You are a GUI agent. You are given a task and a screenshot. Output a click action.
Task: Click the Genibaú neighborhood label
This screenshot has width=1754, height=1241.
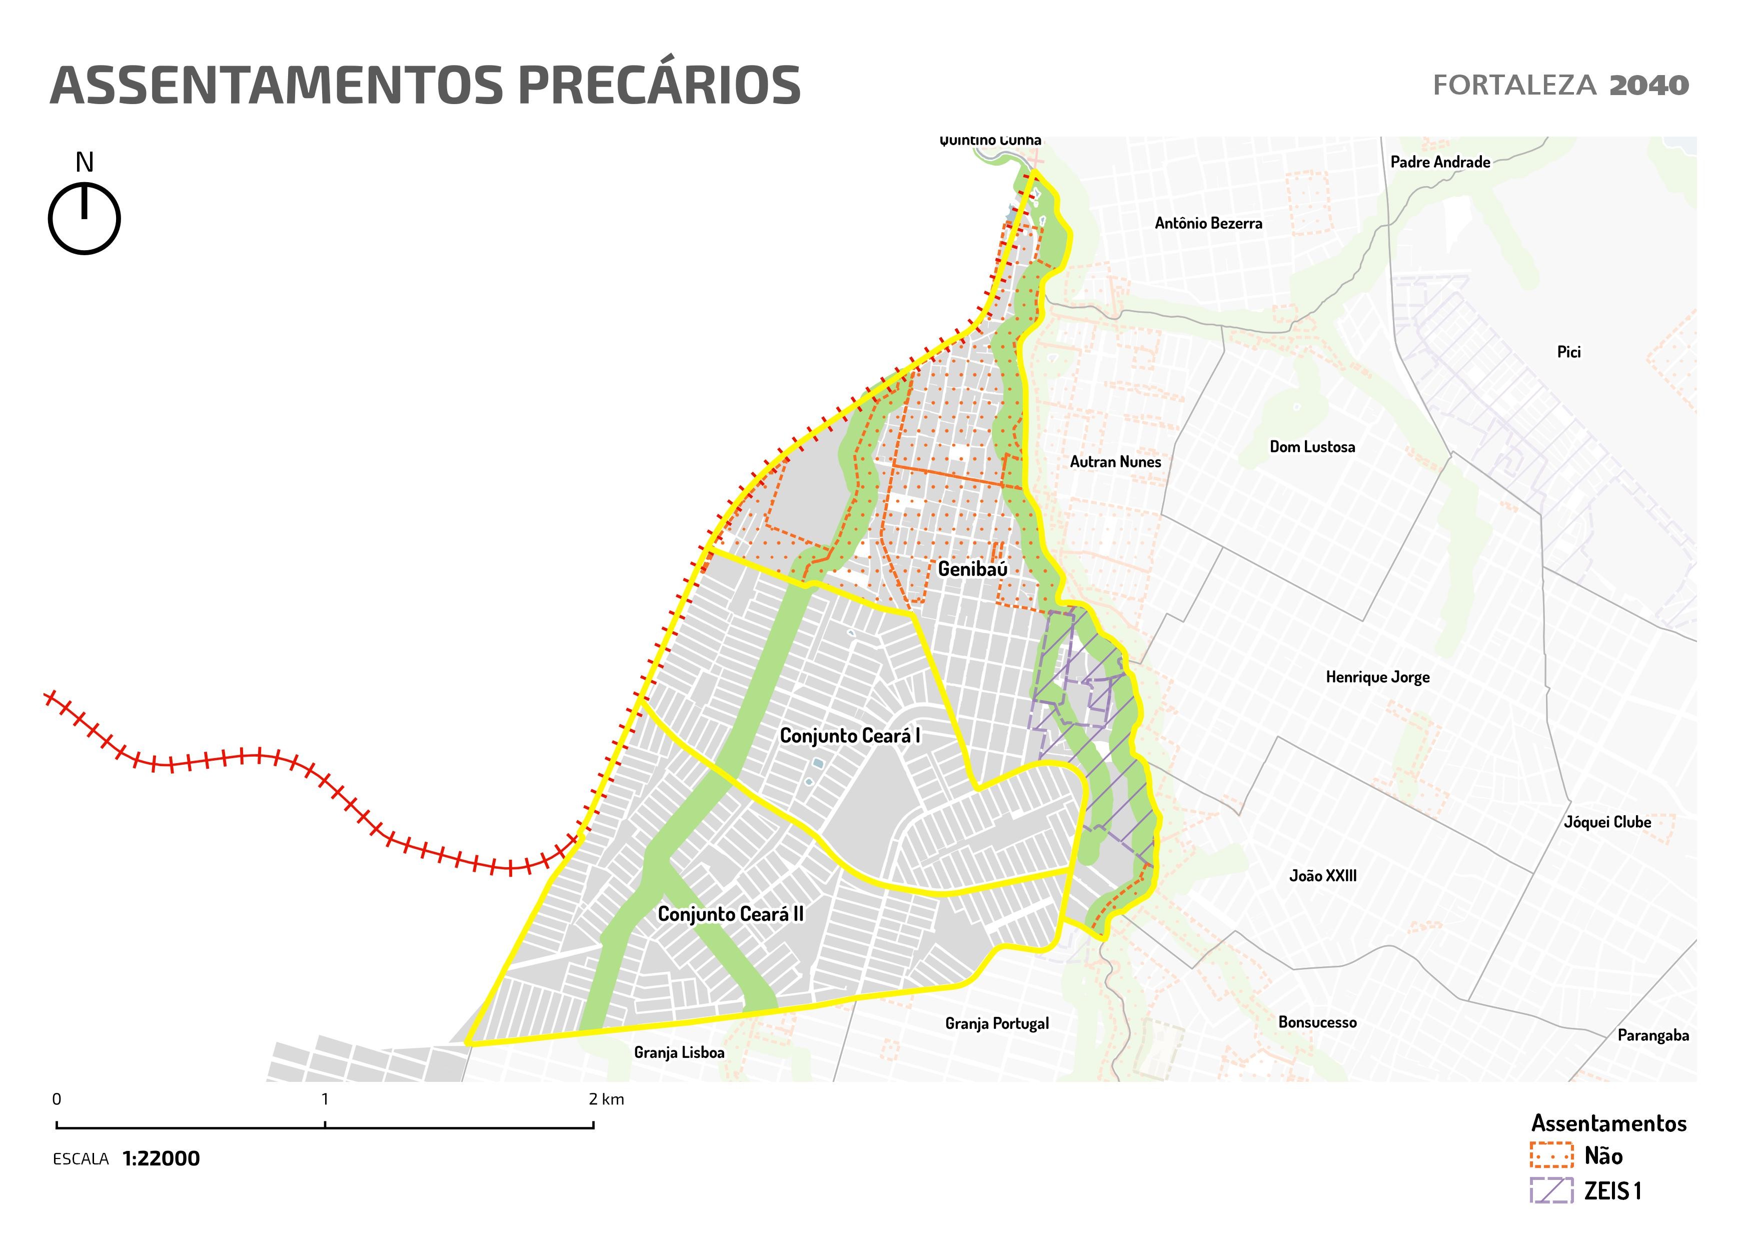(x=972, y=569)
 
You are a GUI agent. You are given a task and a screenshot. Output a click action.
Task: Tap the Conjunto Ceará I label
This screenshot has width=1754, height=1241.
(x=850, y=736)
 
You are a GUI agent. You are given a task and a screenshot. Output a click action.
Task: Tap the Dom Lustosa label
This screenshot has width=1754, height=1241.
(x=1312, y=447)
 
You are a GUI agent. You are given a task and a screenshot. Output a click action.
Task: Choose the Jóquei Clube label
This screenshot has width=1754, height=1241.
(x=1607, y=822)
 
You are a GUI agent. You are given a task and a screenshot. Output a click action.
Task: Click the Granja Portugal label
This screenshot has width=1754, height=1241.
(x=996, y=1024)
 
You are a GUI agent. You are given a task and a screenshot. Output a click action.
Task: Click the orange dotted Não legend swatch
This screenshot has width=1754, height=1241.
(x=1551, y=1155)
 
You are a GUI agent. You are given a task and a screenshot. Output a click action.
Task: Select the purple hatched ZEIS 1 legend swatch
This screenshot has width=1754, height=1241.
(x=1551, y=1190)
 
